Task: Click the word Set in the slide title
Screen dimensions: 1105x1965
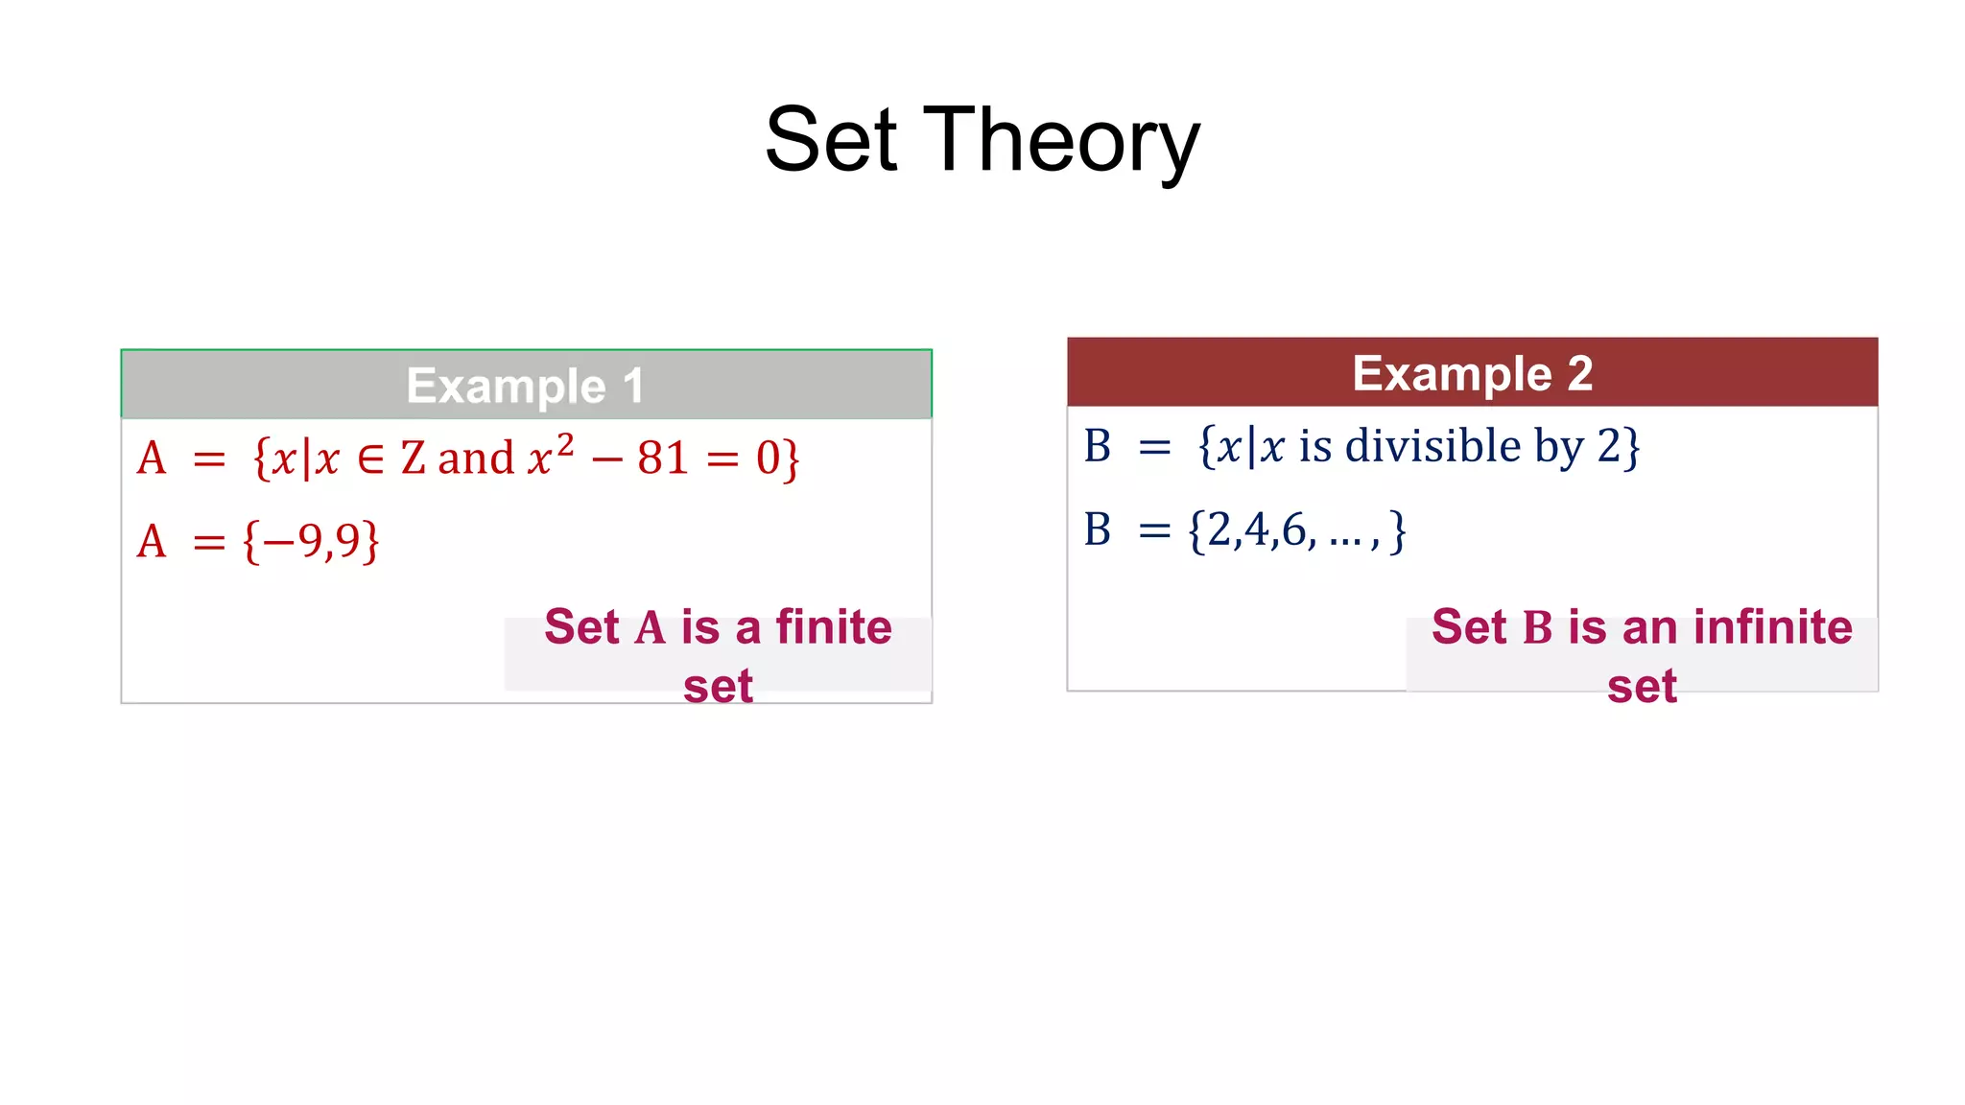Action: (831, 141)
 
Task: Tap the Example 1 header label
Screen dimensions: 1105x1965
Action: (525, 386)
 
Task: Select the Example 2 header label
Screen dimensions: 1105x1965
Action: (1472, 373)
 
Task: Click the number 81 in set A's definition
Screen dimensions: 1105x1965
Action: (663, 458)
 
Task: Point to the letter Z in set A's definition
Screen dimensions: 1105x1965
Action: (414, 458)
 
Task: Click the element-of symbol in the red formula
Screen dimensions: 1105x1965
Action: (370, 459)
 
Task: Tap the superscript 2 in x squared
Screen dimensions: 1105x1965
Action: (565, 444)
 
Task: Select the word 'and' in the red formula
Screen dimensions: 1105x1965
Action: (476, 458)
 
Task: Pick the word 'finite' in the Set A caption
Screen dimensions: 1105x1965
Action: (833, 627)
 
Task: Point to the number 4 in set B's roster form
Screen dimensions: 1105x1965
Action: (1256, 529)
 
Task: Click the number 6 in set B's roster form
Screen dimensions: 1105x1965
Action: (1293, 529)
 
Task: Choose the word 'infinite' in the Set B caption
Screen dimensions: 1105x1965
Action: (1772, 627)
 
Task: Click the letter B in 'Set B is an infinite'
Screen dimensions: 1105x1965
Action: (1537, 628)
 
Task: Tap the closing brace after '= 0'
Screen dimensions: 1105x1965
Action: (790, 459)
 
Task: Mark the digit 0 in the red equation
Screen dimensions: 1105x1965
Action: (768, 458)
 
